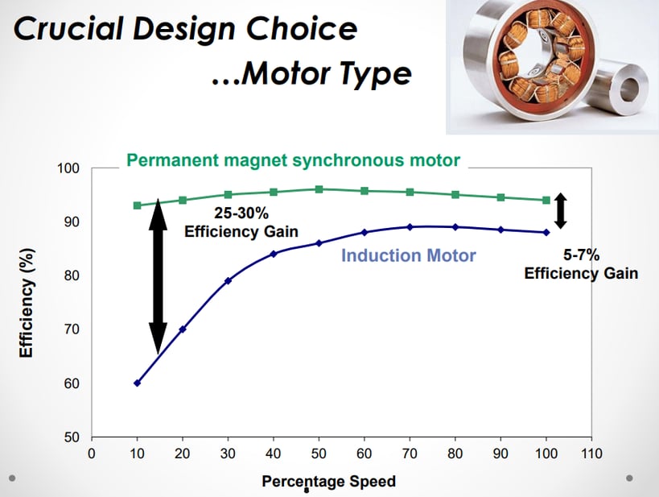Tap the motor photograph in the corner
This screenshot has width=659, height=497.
(x=552, y=66)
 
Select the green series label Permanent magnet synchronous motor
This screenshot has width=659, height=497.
(x=294, y=159)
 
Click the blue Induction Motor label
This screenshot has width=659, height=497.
(x=409, y=256)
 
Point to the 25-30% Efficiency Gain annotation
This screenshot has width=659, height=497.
(x=241, y=223)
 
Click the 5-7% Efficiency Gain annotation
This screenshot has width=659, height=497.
(x=581, y=265)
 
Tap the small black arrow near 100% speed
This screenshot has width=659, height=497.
(x=562, y=211)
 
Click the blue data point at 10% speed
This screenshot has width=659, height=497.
(x=137, y=383)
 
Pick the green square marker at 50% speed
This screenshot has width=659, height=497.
(x=319, y=189)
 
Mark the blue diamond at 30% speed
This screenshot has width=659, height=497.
(x=229, y=280)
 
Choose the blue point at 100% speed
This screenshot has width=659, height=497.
(x=546, y=232)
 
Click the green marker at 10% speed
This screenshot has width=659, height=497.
(x=137, y=205)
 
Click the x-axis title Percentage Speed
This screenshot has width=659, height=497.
(x=328, y=482)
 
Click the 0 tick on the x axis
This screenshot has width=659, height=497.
(x=92, y=454)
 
